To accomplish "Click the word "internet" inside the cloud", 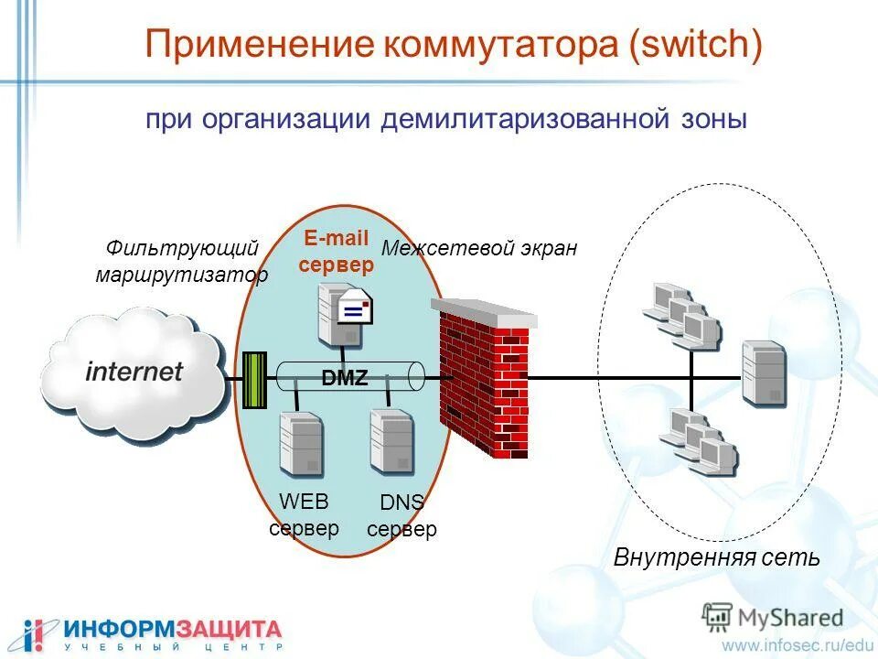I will click(134, 372).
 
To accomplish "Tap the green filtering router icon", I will click(253, 379).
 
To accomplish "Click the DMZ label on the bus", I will click(345, 377).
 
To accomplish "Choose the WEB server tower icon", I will click(300, 444).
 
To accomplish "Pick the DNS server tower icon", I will click(391, 441).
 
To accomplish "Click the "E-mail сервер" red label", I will click(336, 253).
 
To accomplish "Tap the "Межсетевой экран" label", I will click(479, 248).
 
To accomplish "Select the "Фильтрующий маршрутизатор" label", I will click(182, 262).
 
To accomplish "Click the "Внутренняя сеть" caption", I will click(716, 556).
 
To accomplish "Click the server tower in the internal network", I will click(764, 373).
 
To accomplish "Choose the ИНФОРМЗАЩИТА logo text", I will click(172, 629).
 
